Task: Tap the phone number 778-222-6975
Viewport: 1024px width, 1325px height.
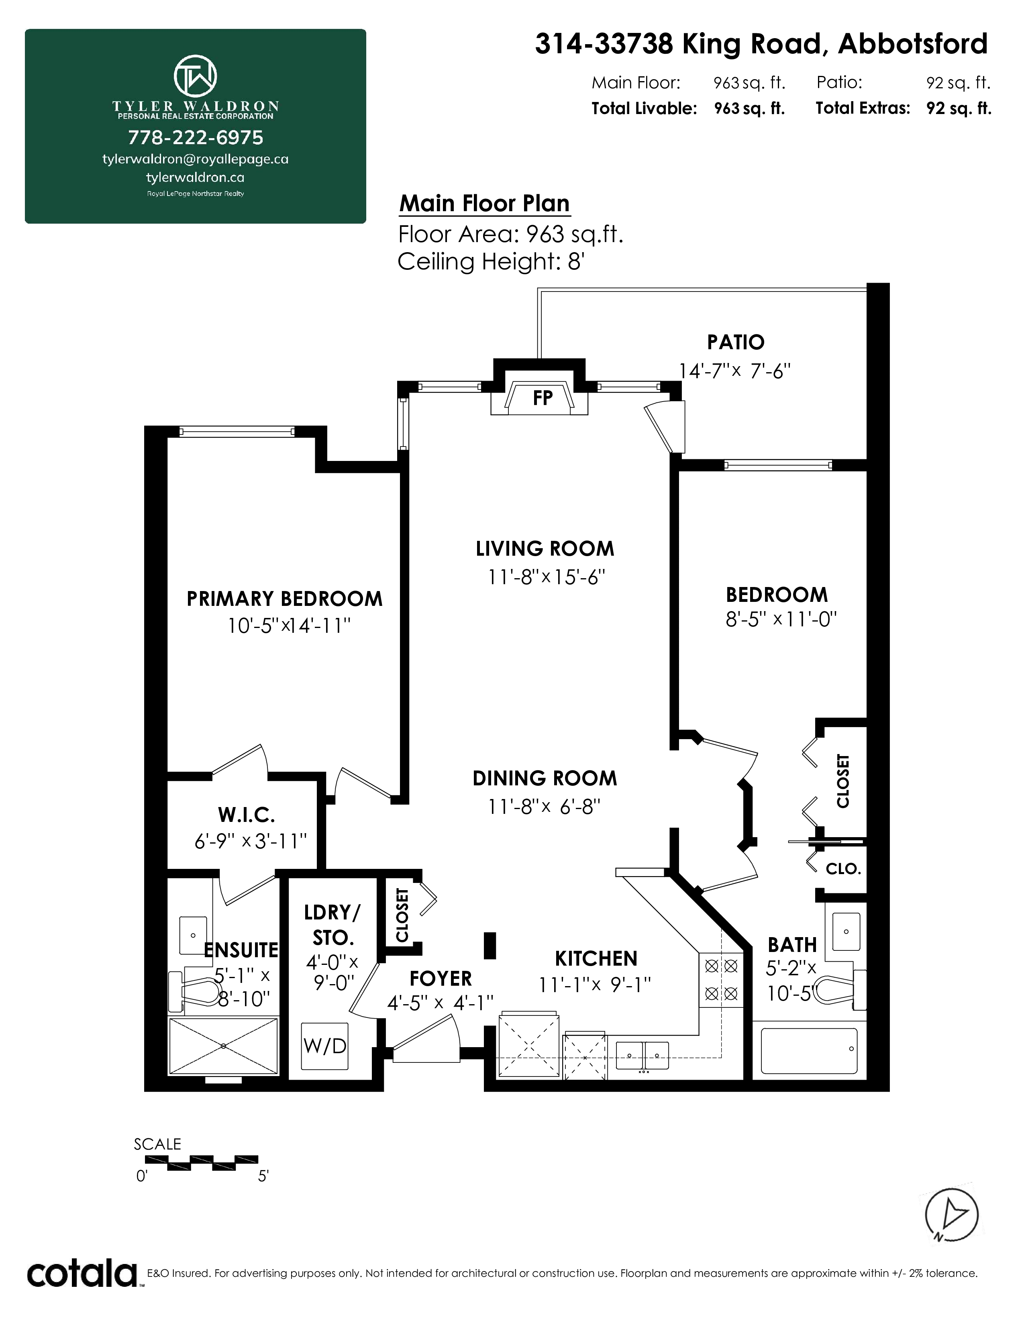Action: pyautogui.click(x=195, y=138)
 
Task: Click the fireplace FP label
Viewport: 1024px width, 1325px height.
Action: pyautogui.click(x=543, y=398)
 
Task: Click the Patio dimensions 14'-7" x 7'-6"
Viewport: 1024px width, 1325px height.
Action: pyautogui.click(x=734, y=370)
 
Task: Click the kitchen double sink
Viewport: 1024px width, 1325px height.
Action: pyautogui.click(x=643, y=1057)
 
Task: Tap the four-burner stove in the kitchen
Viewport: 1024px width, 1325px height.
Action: pyautogui.click(x=721, y=980)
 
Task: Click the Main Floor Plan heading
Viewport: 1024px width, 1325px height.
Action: pyautogui.click(x=485, y=203)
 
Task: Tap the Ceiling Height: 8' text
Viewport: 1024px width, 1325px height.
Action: pyautogui.click(x=491, y=261)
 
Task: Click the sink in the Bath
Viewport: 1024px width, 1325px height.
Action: pyautogui.click(x=846, y=931)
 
